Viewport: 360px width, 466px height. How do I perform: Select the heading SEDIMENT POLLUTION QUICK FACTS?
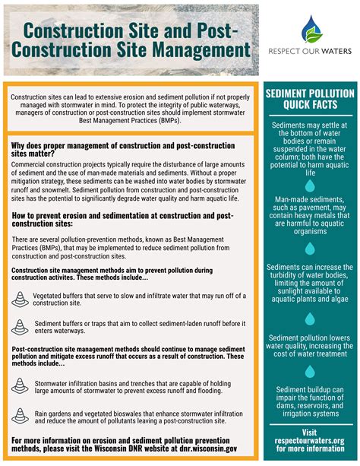point(309,100)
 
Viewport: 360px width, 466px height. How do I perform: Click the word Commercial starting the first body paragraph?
point(35,163)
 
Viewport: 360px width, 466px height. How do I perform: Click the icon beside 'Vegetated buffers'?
point(21,299)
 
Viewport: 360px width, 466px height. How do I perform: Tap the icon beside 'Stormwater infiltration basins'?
point(21,386)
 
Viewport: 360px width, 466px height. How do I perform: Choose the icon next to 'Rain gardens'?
point(21,414)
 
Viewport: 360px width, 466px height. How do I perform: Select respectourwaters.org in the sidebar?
point(309,441)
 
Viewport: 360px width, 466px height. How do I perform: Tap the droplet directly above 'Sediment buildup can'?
point(309,372)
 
